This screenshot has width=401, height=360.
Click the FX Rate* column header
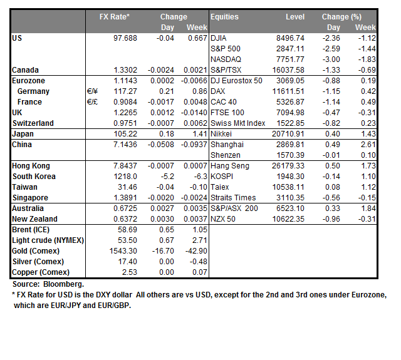tap(115, 16)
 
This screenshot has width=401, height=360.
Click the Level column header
tap(294, 16)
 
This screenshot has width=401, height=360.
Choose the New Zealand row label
tap(34, 219)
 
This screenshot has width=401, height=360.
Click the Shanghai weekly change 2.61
tap(367, 145)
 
